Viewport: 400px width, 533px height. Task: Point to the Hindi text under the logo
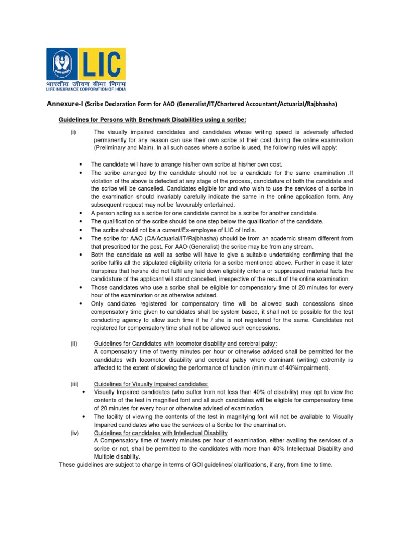(x=86, y=83)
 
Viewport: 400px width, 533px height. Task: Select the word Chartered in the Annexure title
(x=223, y=104)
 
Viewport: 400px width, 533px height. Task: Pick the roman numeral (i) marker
(x=73, y=133)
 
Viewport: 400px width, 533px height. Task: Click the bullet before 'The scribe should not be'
(x=80, y=230)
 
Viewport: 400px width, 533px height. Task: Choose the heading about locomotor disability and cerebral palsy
(x=185, y=344)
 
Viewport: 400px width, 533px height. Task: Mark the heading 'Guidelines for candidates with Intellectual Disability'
(x=160, y=433)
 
